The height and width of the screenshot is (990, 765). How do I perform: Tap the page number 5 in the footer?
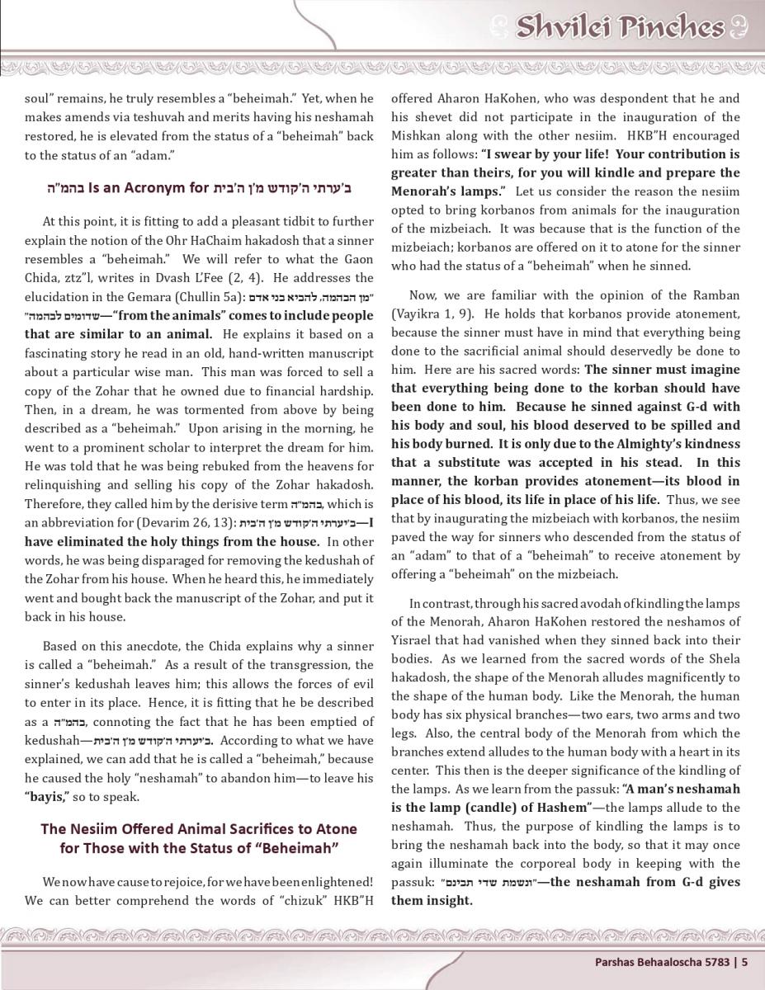coord(744,960)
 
